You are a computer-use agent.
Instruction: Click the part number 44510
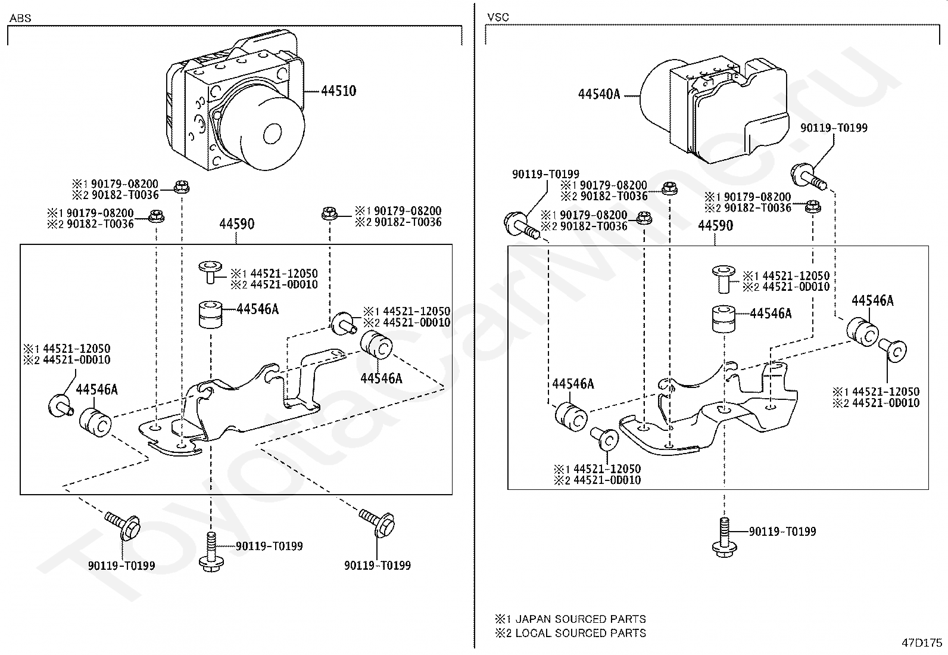pos(339,91)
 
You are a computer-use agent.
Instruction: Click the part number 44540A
pos(599,94)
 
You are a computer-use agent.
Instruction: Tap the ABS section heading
pos(20,18)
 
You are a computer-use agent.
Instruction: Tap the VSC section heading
pos(498,17)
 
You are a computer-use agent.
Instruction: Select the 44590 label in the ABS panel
pos(236,223)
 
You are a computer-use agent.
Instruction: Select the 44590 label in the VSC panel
pos(715,225)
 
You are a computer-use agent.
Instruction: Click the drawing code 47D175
pos(922,642)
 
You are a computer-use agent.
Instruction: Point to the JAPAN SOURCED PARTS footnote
pos(570,619)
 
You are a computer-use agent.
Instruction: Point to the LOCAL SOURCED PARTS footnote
pos(570,633)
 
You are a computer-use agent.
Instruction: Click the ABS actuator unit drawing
pos(235,100)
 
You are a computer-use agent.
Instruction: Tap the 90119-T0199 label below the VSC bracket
pos(782,531)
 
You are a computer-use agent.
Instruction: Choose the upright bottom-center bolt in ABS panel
pos(211,552)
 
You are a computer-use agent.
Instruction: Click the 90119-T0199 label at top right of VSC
pos(834,128)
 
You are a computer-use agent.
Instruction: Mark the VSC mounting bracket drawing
pos(708,408)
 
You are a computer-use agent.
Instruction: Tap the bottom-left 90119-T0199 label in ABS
pos(121,566)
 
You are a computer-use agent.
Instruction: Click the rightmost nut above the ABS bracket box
pos(329,213)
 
